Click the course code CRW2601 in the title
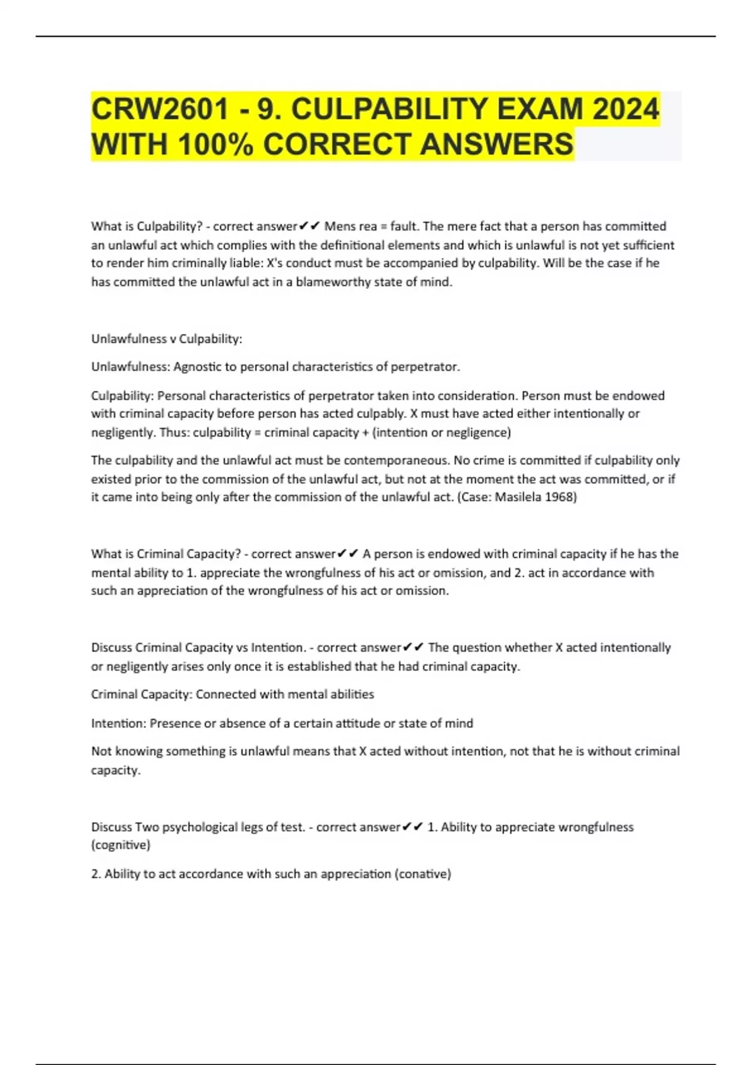point(160,110)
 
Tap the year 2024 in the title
point(626,110)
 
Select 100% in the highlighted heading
point(216,145)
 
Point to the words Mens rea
point(350,227)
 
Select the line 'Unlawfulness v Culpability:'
point(167,339)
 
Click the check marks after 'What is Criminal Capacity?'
point(348,554)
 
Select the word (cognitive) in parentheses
point(121,845)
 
